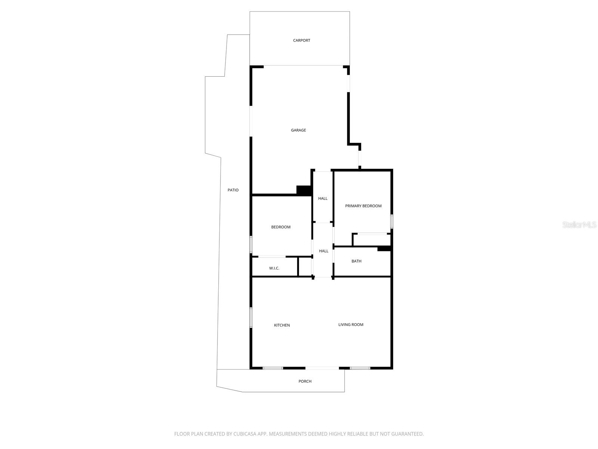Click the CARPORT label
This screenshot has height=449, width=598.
coord(301,40)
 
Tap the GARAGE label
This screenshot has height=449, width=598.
coord(298,130)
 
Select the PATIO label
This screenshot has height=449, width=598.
coord(233,190)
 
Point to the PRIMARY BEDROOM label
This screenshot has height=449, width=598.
coord(363,206)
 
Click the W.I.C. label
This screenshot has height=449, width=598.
coord(274,268)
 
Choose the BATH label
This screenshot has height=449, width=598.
coord(356,261)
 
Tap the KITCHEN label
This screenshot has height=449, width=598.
coord(282,325)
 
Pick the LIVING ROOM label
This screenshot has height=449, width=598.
coord(351,324)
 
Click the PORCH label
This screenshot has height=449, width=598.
coord(305,381)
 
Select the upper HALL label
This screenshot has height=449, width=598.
coord(323,198)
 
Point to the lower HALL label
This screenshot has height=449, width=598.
coord(323,251)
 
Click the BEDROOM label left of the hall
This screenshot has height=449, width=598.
coord(281,227)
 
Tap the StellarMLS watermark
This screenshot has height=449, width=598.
coord(579,224)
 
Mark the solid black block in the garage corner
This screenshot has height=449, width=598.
coord(304,190)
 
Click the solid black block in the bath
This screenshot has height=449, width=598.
coord(384,248)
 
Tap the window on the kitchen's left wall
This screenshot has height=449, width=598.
coord(251,317)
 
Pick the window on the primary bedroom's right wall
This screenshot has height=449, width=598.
coord(391,221)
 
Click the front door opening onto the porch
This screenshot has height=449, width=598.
coord(322,368)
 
